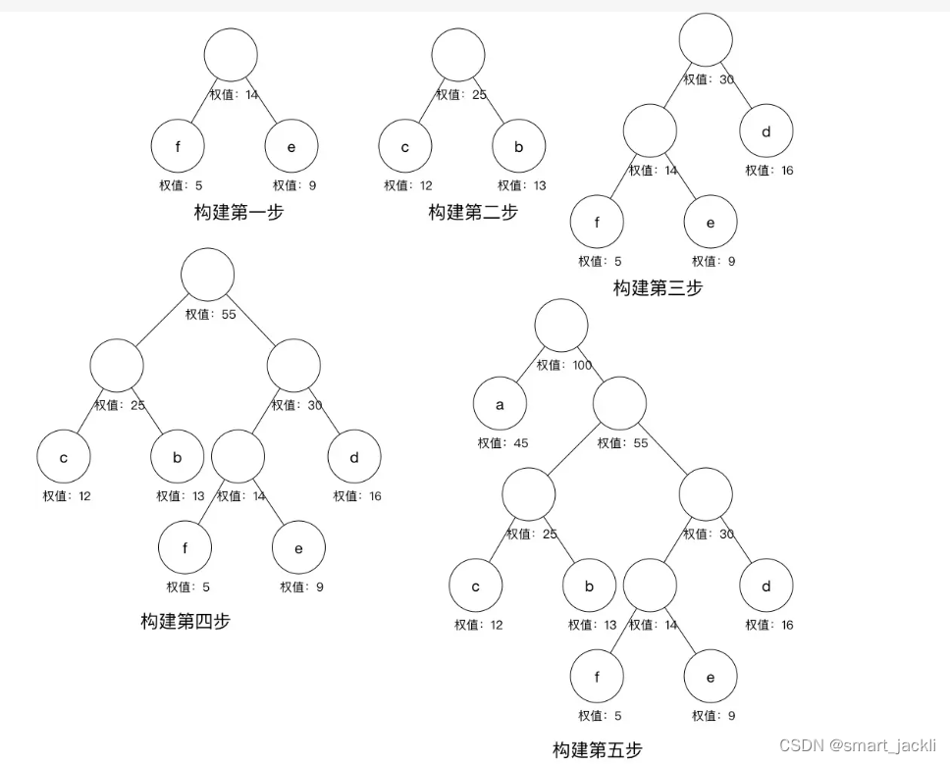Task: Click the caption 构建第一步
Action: click(x=238, y=212)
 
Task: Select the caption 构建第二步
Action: click(x=472, y=212)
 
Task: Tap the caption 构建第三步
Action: click(x=658, y=288)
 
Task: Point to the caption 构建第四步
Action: click(x=185, y=621)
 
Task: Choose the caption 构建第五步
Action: click(x=597, y=750)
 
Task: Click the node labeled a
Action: click(x=500, y=404)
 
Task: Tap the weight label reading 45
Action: click(x=502, y=443)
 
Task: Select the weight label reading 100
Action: click(x=564, y=366)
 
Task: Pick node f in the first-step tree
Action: click(x=178, y=147)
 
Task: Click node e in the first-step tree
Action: click(x=291, y=147)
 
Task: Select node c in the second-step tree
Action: click(x=405, y=147)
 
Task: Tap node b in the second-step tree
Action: click(x=519, y=147)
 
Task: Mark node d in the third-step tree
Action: click(x=766, y=131)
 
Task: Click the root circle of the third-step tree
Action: click(x=706, y=39)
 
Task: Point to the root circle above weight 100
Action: click(x=561, y=326)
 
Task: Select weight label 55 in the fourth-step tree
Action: click(x=211, y=315)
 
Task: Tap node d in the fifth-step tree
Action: click(x=766, y=586)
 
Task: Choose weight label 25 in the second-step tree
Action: click(x=461, y=95)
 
